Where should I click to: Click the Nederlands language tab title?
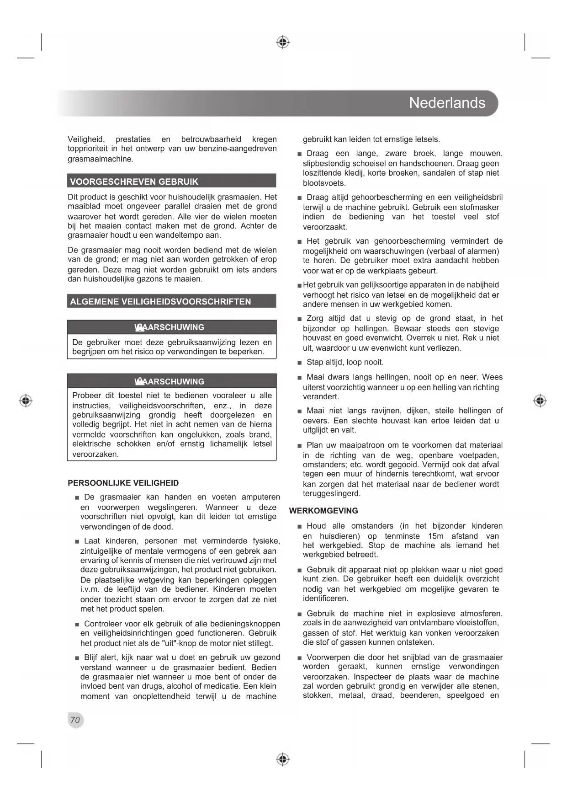(x=447, y=103)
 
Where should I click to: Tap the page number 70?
(x=75, y=720)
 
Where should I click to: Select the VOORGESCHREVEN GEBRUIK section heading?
(x=134, y=182)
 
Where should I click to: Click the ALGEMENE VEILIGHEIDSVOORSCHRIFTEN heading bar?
(x=160, y=301)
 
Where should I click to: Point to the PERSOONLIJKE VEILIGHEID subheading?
(x=123, y=483)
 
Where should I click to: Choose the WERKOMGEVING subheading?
(x=323, y=511)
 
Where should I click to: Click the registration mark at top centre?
(x=283, y=43)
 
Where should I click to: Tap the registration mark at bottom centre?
(x=283, y=759)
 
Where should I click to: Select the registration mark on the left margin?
(x=26, y=401)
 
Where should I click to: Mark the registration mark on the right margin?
(x=540, y=401)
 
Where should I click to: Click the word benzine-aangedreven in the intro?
(x=238, y=149)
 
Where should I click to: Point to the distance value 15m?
(x=436, y=536)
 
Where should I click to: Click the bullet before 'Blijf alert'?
(x=77, y=658)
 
